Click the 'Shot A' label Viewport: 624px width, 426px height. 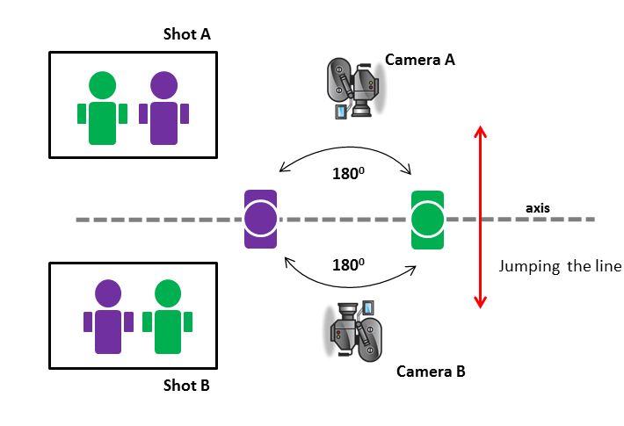pyautogui.click(x=187, y=35)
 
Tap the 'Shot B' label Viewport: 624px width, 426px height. pyautogui.click(x=186, y=385)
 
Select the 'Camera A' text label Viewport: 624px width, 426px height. pyautogui.click(x=419, y=61)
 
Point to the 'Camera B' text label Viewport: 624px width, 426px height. pyautogui.click(x=431, y=371)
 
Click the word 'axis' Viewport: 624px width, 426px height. pyautogui.click(x=538, y=209)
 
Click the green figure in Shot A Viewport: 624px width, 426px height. pyautogui.click(x=102, y=110)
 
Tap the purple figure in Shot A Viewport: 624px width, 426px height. pyautogui.click(x=163, y=110)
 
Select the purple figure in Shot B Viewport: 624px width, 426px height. pyautogui.click(x=108, y=318)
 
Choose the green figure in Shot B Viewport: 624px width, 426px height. pyautogui.click(x=167, y=318)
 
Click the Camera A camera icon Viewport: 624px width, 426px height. pyautogui.click(x=354, y=85)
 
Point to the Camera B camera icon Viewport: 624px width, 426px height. pyautogui.click(x=357, y=330)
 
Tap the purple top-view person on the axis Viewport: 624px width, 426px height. pyautogui.click(x=260, y=219)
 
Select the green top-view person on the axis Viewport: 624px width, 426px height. pyautogui.click(x=427, y=219)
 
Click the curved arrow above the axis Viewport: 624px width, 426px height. pyautogui.click(x=345, y=150)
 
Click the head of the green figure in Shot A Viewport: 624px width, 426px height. pyautogui.click(x=102, y=85)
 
